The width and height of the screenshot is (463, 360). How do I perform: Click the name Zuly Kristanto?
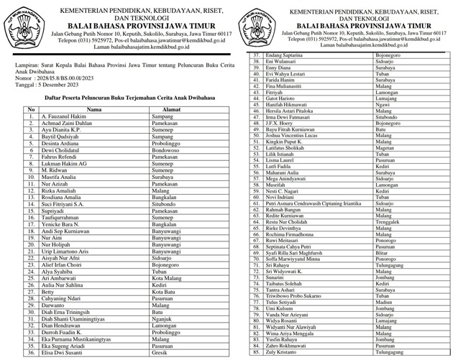(x=287, y=354)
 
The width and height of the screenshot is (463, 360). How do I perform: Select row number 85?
(x=255, y=354)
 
